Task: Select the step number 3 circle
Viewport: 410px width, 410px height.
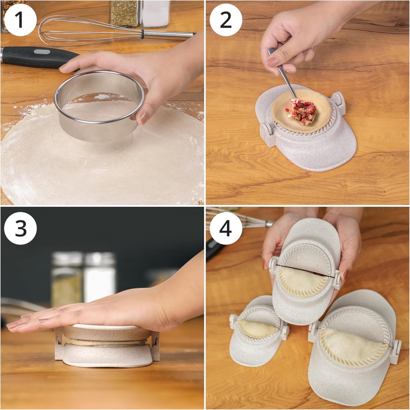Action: point(20,228)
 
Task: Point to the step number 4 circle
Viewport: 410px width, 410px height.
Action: point(226,228)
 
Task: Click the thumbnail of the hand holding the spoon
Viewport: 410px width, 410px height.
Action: point(273,62)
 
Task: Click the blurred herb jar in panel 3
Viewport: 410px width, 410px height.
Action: point(66,279)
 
